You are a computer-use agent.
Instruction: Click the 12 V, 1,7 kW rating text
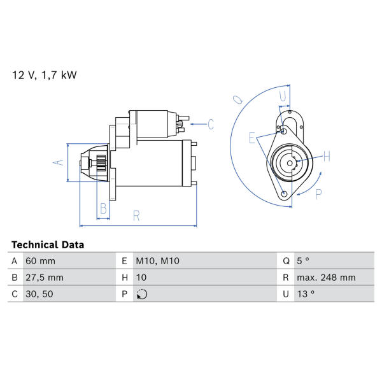pyautogui.click(x=45, y=74)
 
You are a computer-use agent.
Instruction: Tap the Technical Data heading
pyautogui.click(x=48, y=244)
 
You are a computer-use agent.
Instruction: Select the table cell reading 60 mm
pyautogui.click(x=41, y=261)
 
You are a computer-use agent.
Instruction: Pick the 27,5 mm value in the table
pyautogui.click(x=45, y=278)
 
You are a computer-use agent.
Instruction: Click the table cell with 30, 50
pyautogui.click(x=39, y=294)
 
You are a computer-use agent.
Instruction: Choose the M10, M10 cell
pyautogui.click(x=158, y=261)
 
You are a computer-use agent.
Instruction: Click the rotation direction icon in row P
pyautogui.click(x=142, y=294)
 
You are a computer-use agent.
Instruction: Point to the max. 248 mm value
pyautogui.click(x=326, y=278)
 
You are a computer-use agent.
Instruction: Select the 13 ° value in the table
pyautogui.click(x=306, y=294)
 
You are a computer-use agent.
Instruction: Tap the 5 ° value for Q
pyautogui.click(x=303, y=261)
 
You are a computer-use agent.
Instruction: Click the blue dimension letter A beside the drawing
pyautogui.click(x=59, y=162)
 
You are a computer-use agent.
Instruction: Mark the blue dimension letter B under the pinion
pyautogui.click(x=103, y=209)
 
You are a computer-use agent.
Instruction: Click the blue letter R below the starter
pyautogui.click(x=136, y=216)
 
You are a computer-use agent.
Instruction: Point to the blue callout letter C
pyautogui.click(x=211, y=124)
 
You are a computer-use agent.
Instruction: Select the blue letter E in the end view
pyautogui.click(x=252, y=138)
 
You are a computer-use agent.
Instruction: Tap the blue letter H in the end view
pyautogui.click(x=327, y=156)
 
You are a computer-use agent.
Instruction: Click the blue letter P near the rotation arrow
pyautogui.click(x=318, y=194)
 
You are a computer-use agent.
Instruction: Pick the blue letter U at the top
pyautogui.click(x=283, y=96)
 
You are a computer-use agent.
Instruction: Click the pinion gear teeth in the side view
pyautogui.click(x=101, y=163)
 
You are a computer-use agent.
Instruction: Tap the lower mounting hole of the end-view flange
pyautogui.click(x=284, y=194)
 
